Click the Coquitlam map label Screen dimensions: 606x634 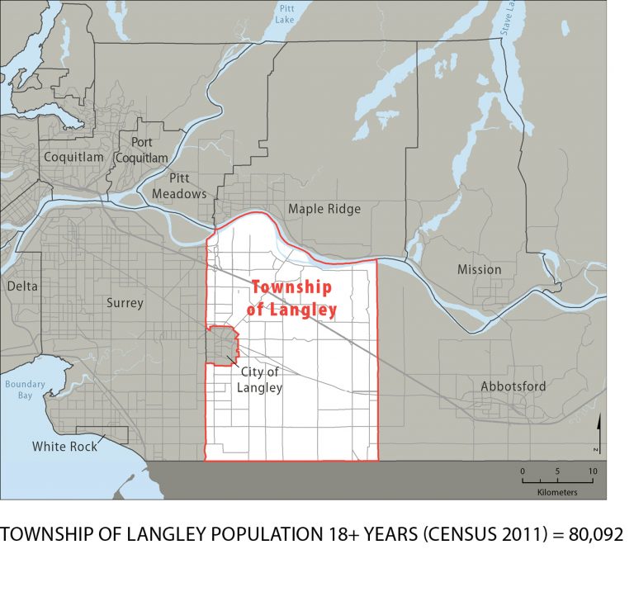point(73,157)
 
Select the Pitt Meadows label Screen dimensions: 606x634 point(179,186)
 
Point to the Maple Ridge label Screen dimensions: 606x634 point(324,209)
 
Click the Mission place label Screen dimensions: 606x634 point(479,269)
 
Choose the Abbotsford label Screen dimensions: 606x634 point(513,386)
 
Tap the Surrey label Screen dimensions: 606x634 point(125,303)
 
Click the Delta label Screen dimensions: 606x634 point(22,286)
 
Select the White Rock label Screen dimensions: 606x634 point(64,447)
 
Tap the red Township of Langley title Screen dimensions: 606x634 point(291,298)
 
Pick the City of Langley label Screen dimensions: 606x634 point(261,380)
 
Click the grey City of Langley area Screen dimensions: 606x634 point(220,345)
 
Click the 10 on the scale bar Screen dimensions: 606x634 point(592,471)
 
